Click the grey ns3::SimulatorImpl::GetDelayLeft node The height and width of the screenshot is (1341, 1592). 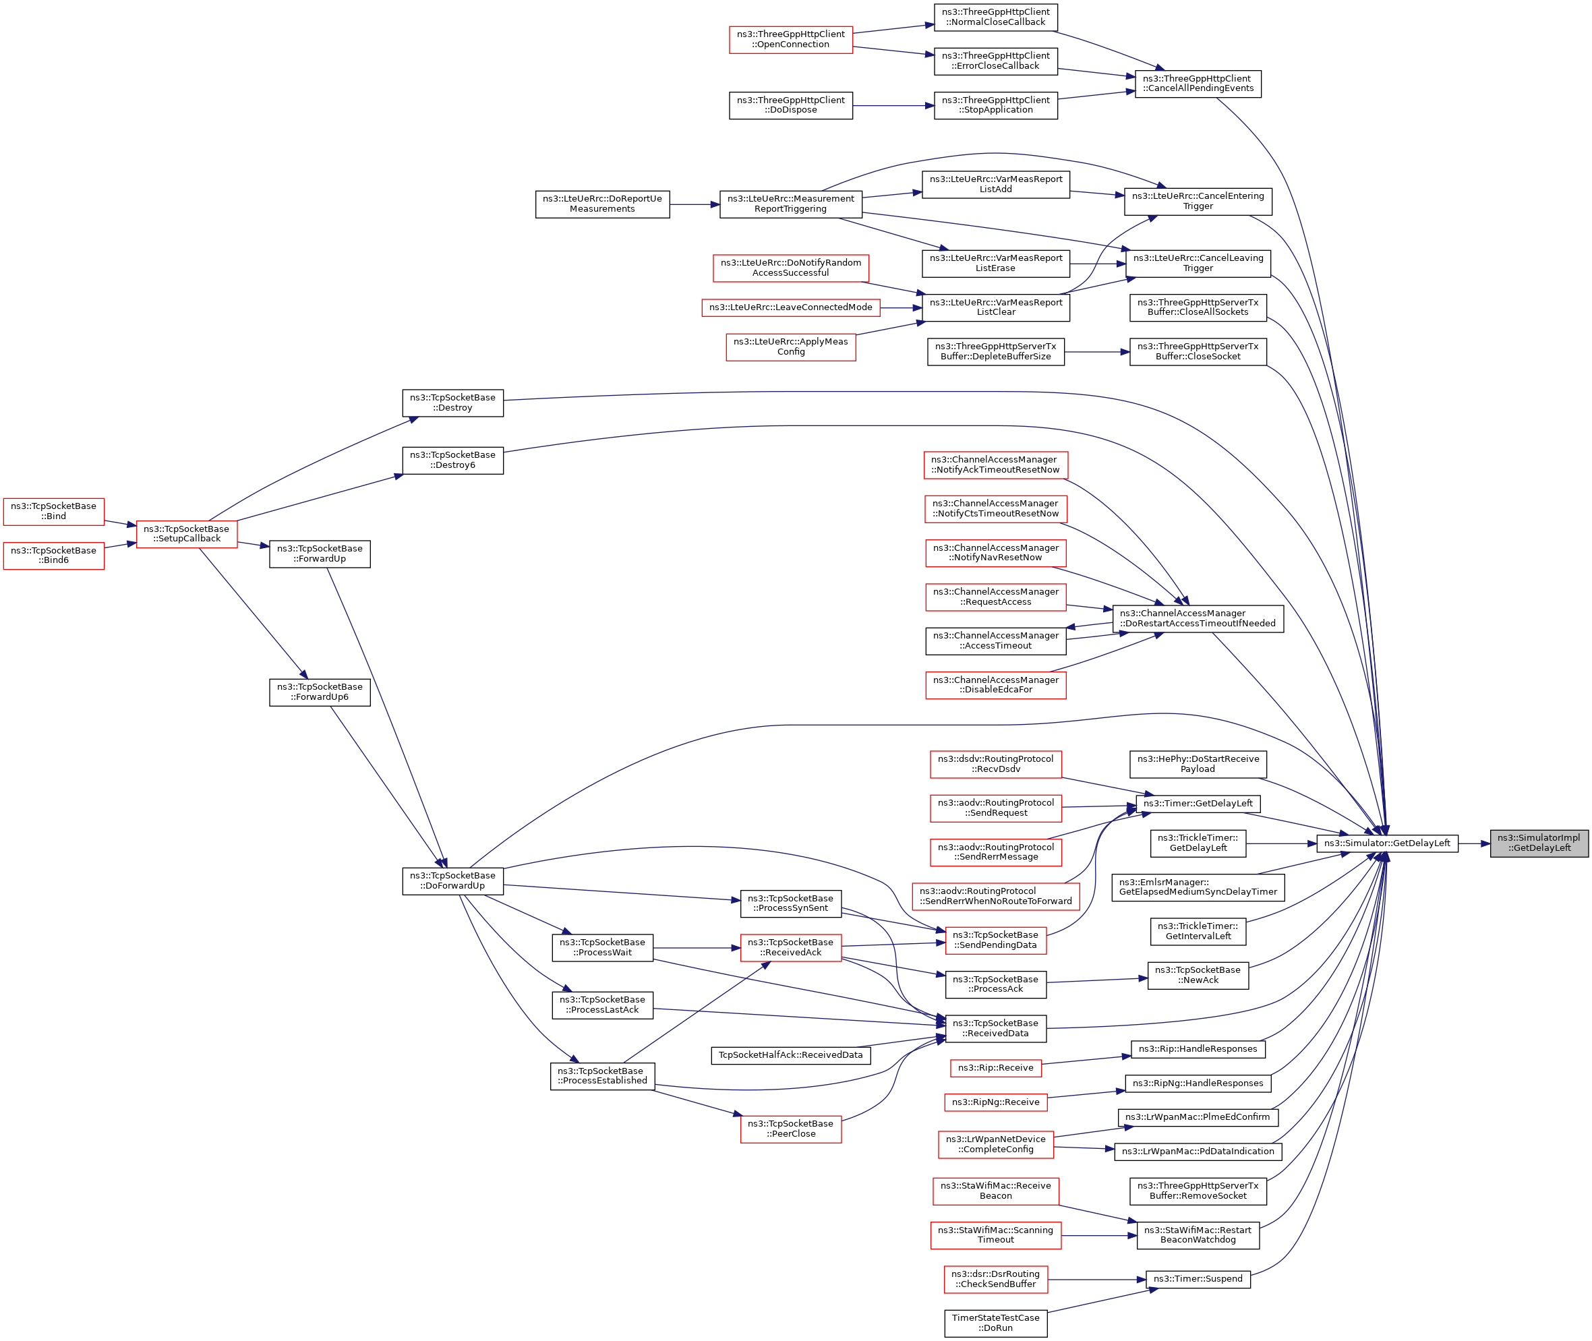pyautogui.click(x=1538, y=843)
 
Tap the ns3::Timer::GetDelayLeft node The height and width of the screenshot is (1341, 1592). pyautogui.click(x=1198, y=804)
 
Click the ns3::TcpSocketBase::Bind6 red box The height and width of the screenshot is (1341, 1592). pyautogui.click(x=53, y=555)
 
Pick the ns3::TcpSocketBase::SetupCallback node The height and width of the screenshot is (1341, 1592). pyautogui.click(x=186, y=534)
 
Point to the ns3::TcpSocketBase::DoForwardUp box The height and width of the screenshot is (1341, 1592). pyautogui.click(x=452, y=881)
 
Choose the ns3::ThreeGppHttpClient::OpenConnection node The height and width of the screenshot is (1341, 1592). pyautogui.click(x=791, y=40)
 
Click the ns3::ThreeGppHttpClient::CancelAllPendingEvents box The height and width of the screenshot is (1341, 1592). pyautogui.click(x=1198, y=84)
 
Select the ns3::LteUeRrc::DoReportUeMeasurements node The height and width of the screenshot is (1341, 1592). pyautogui.click(x=602, y=204)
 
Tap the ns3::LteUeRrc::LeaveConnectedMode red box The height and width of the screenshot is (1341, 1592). pyautogui.click(x=791, y=307)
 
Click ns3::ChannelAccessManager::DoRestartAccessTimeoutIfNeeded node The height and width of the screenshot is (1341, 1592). pyautogui.click(x=1198, y=618)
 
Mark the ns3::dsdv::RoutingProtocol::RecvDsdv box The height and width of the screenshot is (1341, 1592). pyautogui.click(x=995, y=764)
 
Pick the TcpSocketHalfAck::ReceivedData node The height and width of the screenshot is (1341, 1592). pyautogui.click(x=791, y=1055)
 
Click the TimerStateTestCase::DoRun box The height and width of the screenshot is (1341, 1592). pyautogui.click(x=995, y=1323)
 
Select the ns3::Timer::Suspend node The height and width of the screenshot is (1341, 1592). pyautogui.click(x=1198, y=1279)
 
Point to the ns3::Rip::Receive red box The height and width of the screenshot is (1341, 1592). pyautogui.click(x=995, y=1068)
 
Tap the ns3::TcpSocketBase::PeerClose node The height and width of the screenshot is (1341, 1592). pyautogui.click(x=791, y=1129)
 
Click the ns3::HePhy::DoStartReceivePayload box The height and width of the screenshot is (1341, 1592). pyautogui.click(x=1198, y=764)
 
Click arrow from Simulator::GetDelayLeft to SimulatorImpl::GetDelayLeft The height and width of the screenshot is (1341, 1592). pyautogui.click(x=1474, y=843)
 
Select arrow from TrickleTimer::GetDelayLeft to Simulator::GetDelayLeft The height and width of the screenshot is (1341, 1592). pyautogui.click(x=1281, y=843)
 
